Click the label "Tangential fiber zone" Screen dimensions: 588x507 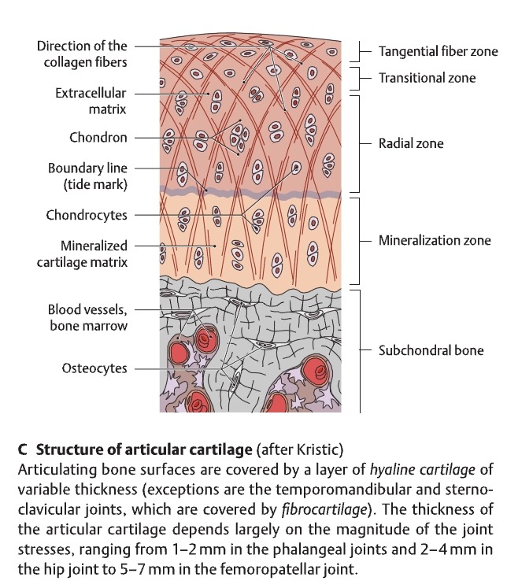tap(438, 52)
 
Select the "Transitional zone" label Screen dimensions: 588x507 tap(427, 78)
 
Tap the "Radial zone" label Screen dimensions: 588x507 tap(411, 143)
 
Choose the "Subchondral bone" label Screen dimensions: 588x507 tap(431, 350)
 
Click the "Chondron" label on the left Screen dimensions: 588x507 tap(98, 138)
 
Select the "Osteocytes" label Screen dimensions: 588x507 tap(94, 368)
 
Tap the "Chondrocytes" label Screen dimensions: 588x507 tap(87, 214)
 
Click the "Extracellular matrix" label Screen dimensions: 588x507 tap(91, 101)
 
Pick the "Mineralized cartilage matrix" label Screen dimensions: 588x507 tap(82, 253)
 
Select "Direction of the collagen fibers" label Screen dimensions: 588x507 tap(82, 54)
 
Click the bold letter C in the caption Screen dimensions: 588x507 tap(22, 451)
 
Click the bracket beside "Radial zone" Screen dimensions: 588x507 tap(359, 143)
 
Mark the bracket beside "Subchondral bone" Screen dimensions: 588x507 tap(359, 350)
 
